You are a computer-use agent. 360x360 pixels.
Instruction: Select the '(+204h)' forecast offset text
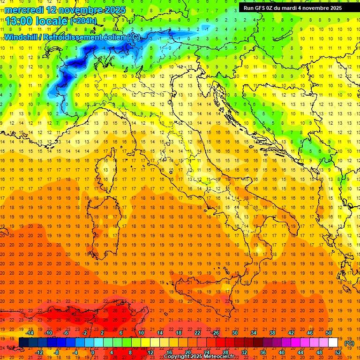(x=83, y=21)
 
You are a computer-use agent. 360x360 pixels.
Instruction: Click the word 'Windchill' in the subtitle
(x=22, y=37)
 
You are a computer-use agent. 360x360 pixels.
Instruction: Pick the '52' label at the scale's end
(x=337, y=352)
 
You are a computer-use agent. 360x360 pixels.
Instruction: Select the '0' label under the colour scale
(x=93, y=352)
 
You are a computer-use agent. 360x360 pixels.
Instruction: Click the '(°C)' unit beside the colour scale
(x=349, y=343)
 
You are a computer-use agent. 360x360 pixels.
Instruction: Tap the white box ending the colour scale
(x=333, y=342)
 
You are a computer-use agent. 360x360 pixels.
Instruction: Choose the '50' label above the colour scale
(x=329, y=333)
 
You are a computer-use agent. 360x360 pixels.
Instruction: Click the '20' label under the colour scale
(x=187, y=352)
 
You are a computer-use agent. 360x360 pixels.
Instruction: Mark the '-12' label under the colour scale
(x=39, y=352)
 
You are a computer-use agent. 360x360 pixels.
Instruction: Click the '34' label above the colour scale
(x=253, y=333)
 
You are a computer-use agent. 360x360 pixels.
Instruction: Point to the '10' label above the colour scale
(x=141, y=333)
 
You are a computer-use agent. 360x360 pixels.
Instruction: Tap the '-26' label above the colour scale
(x=215, y=333)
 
